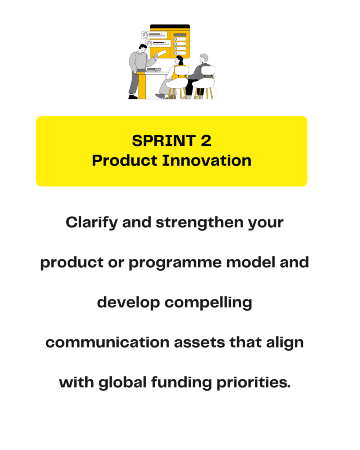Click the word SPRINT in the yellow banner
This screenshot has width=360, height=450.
[x=164, y=141]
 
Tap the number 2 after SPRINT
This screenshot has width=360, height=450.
[x=206, y=141]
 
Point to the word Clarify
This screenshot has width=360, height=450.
[x=91, y=223]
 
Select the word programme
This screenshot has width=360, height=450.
[x=175, y=263]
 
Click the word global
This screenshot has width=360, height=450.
[x=123, y=383]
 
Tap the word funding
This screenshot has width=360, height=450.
[x=182, y=383]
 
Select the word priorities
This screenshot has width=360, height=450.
[x=254, y=383]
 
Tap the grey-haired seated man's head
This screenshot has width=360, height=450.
[x=204, y=58]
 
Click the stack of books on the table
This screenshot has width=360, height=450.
[x=153, y=69]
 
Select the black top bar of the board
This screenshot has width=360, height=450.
[x=170, y=26]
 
